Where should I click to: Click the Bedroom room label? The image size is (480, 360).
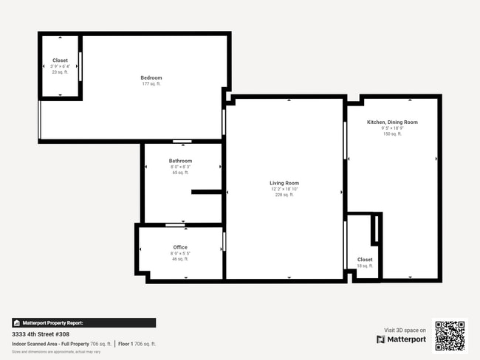pyautogui.click(x=151, y=77)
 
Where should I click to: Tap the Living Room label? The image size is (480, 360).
pyautogui.click(x=284, y=183)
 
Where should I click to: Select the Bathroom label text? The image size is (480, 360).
pyautogui.click(x=180, y=161)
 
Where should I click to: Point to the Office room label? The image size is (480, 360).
pyautogui.click(x=180, y=247)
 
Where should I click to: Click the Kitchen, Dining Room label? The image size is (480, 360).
pyautogui.click(x=392, y=122)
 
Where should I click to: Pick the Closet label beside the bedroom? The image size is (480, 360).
pyautogui.click(x=60, y=60)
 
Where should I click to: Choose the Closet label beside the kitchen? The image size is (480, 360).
pyautogui.click(x=365, y=260)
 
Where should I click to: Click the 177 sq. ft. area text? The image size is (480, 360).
pyautogui.click(x=151, y=84)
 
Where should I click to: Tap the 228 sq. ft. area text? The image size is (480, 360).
pyautogui.click(x=284, y=195)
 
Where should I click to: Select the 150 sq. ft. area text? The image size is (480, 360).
pyautogui.click(x=392, y=134)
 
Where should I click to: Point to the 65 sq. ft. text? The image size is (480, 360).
pyautogui.click(x=180, y=173)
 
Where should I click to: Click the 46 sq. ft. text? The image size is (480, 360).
pyautogui.click(x=180, y=259)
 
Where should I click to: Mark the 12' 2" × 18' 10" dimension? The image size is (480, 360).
pyautogui.click(x=284, y=189)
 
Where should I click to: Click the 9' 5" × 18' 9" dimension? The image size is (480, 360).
pyautogui.click(x=392, y=128)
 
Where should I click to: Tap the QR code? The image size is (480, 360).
pyautogui.click(x=450, y=336)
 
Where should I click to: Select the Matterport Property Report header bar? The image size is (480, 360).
pyautogui.click(x=83, y=322)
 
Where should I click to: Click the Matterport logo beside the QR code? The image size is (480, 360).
pyautogui.click(x=402, y=339)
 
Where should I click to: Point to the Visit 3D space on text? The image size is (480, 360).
pyautogui.click(x=405, y=330)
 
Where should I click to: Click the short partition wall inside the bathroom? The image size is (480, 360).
pyautogui.click(x=207, y=192)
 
